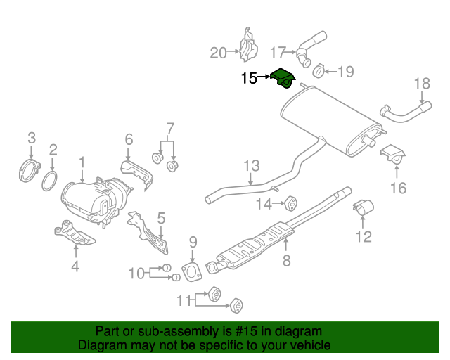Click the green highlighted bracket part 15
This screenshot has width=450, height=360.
point(284,79)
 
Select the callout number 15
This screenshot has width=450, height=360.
point(249,78)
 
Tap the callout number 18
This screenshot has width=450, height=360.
point(420,84)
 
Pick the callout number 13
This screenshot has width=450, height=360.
point(252,167)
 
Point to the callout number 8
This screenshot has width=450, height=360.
point(286,262)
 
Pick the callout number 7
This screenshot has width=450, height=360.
point(169,128)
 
